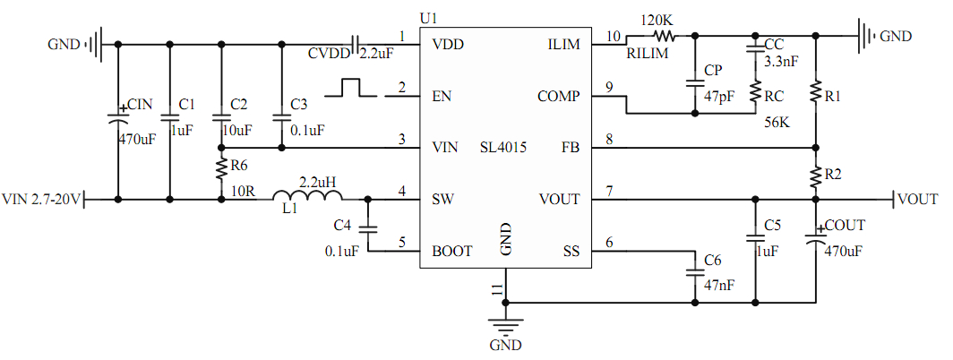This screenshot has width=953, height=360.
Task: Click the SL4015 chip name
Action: pyautogui.click(x=503, y=148)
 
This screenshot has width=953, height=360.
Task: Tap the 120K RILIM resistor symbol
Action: pyautogui.click(x=663, y=37)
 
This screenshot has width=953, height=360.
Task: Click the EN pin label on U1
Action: pyautogui.click(x=442, y=96)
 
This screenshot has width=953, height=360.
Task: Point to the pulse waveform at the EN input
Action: pyautogui.click(x=352, y=88)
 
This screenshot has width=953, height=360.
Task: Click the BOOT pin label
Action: pyautogui.click(x=451, y=251)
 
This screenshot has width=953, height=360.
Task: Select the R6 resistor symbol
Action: pyautogui.click(x=220, y=170)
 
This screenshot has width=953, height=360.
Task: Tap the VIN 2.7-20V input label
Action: pyautogui.click(x=41, y=199)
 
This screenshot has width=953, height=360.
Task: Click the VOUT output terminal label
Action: pyautogui.click(x=917, y=199)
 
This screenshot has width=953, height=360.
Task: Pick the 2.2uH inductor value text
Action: pyautogui.click(x=317, y=182)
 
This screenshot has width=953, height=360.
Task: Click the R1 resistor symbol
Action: pyautogui.click(x=816, y=91)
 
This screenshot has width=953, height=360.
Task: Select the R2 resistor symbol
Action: pyautogui.click(x=816, y=175)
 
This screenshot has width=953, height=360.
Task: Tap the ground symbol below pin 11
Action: pyautogui.click(x=505, y=326)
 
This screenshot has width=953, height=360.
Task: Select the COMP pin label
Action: pyautogui.click(x=559, y=96)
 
